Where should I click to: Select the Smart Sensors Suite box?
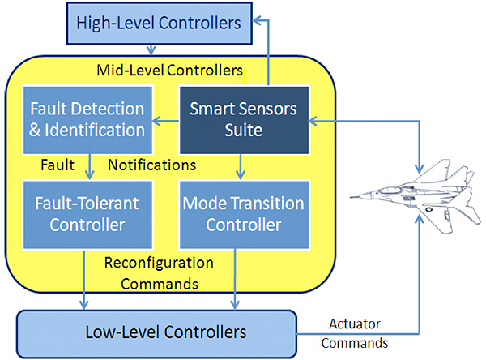click(x=243, y=118)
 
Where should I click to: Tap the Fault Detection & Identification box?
click(x=86, y=118)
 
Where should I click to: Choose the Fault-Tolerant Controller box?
click(x=86, y=214)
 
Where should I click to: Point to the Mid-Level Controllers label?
click(x=169, y=70)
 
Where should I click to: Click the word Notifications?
click(x=152, y=165)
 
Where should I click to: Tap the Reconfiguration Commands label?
click(x=159, y=274)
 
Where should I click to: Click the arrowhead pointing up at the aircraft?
click(x=420, y=221)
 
